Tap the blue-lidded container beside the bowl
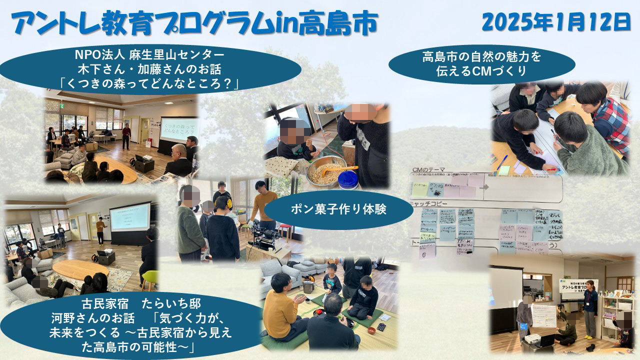coord(348,179)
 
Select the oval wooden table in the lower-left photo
coord(80,270)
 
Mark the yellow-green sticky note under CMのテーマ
coord(420,189)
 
